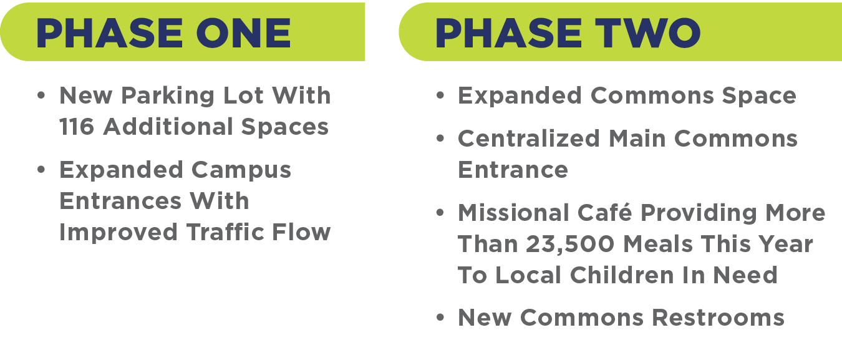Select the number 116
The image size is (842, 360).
point(76,127)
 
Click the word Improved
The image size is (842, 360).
point(119,232)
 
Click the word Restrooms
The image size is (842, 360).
point(718,318)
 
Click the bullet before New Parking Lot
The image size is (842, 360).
point(41,97)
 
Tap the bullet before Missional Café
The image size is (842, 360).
point(441,213)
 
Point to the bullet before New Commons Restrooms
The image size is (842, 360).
point(441,318)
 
